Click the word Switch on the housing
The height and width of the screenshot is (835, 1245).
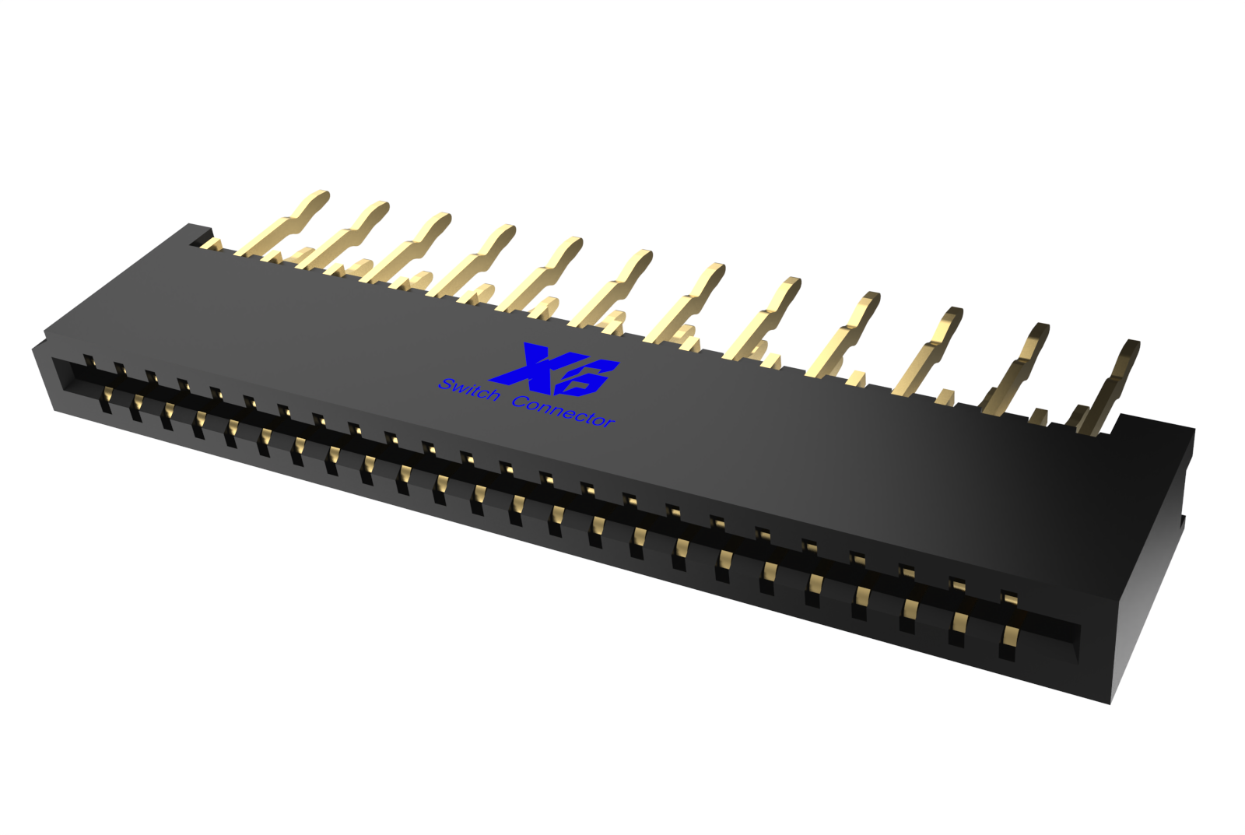click(x=469, y=390)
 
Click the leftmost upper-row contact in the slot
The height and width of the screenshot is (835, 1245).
click(x=89, y=362)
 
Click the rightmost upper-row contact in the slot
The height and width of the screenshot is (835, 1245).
click(x=1009, y=600)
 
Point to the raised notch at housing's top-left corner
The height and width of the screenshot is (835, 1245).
click(x=198, y=231)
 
